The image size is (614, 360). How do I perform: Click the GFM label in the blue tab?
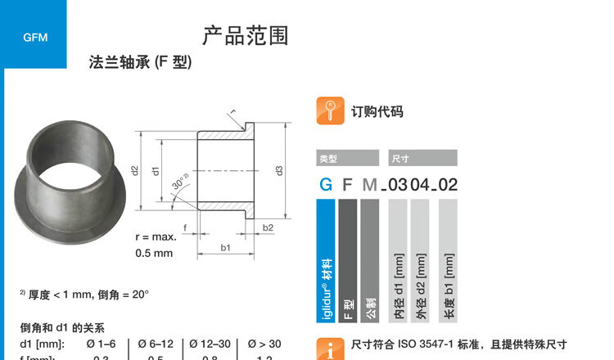tap(35, 38)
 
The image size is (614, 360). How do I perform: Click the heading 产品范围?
tap(246, 36)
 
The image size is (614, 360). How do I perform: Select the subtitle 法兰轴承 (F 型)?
tap(140, 63)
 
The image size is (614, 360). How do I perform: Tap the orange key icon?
tap(329, 111)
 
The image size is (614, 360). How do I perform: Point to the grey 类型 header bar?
tap(348, 159)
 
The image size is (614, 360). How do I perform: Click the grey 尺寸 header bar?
tap(422, 159)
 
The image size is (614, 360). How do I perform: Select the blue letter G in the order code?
tap(326, 185)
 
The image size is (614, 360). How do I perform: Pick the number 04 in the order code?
tap(419, 185)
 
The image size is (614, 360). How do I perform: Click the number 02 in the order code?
tap(448, 185)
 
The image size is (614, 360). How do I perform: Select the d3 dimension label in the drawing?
tap(279, 170)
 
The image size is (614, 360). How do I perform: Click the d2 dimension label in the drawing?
tap(134, 170)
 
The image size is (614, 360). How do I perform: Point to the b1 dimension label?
tap(225, 247)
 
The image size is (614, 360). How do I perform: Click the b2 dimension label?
tap(268, 227)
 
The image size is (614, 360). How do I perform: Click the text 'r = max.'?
tap(156, 237)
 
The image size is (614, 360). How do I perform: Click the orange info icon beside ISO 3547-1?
tap(329, 349)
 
